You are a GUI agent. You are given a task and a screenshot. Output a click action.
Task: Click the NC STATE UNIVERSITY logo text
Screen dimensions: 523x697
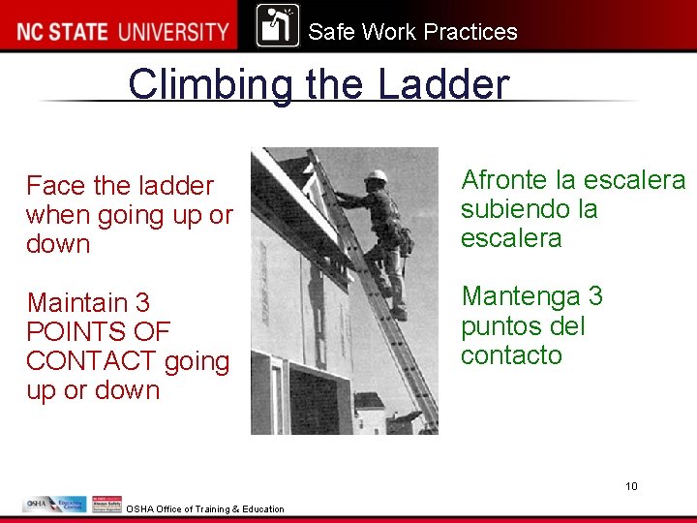121,31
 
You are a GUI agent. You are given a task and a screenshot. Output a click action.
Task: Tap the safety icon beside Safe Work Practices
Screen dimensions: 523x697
278,25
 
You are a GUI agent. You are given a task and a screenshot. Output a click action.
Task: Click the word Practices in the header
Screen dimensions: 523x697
470,32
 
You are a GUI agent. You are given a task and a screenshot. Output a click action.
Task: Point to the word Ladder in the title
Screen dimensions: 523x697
442,84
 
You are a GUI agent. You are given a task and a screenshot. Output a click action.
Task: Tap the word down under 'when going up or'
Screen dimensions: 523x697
58,243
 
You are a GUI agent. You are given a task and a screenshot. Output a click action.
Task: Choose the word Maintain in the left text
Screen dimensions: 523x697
76,302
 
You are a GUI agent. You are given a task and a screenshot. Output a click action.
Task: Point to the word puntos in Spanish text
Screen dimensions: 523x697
501,324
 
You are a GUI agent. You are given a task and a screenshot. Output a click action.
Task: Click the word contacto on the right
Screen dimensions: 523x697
511,354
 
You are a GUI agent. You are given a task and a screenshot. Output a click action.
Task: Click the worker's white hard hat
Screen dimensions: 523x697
376,176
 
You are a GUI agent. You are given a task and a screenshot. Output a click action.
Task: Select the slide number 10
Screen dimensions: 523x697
631,486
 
